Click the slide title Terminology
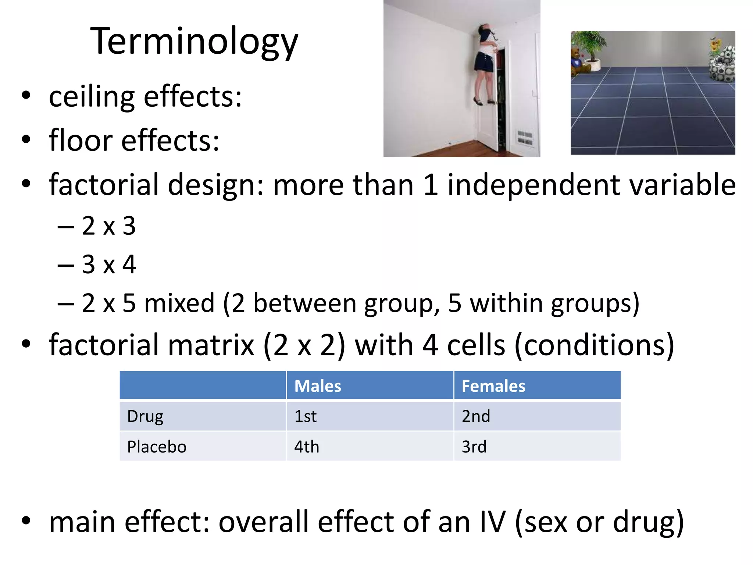click(194, 42)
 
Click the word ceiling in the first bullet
click(92, 97)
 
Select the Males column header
click(318, 386)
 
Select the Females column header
click(493, 386)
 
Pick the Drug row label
click(145, 416)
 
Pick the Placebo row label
click(157, 447)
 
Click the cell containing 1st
click(306, 416)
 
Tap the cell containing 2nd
click(476, 416)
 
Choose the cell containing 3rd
click(474, 447)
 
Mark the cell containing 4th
click(307, 447)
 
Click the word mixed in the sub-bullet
click(179, 303)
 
